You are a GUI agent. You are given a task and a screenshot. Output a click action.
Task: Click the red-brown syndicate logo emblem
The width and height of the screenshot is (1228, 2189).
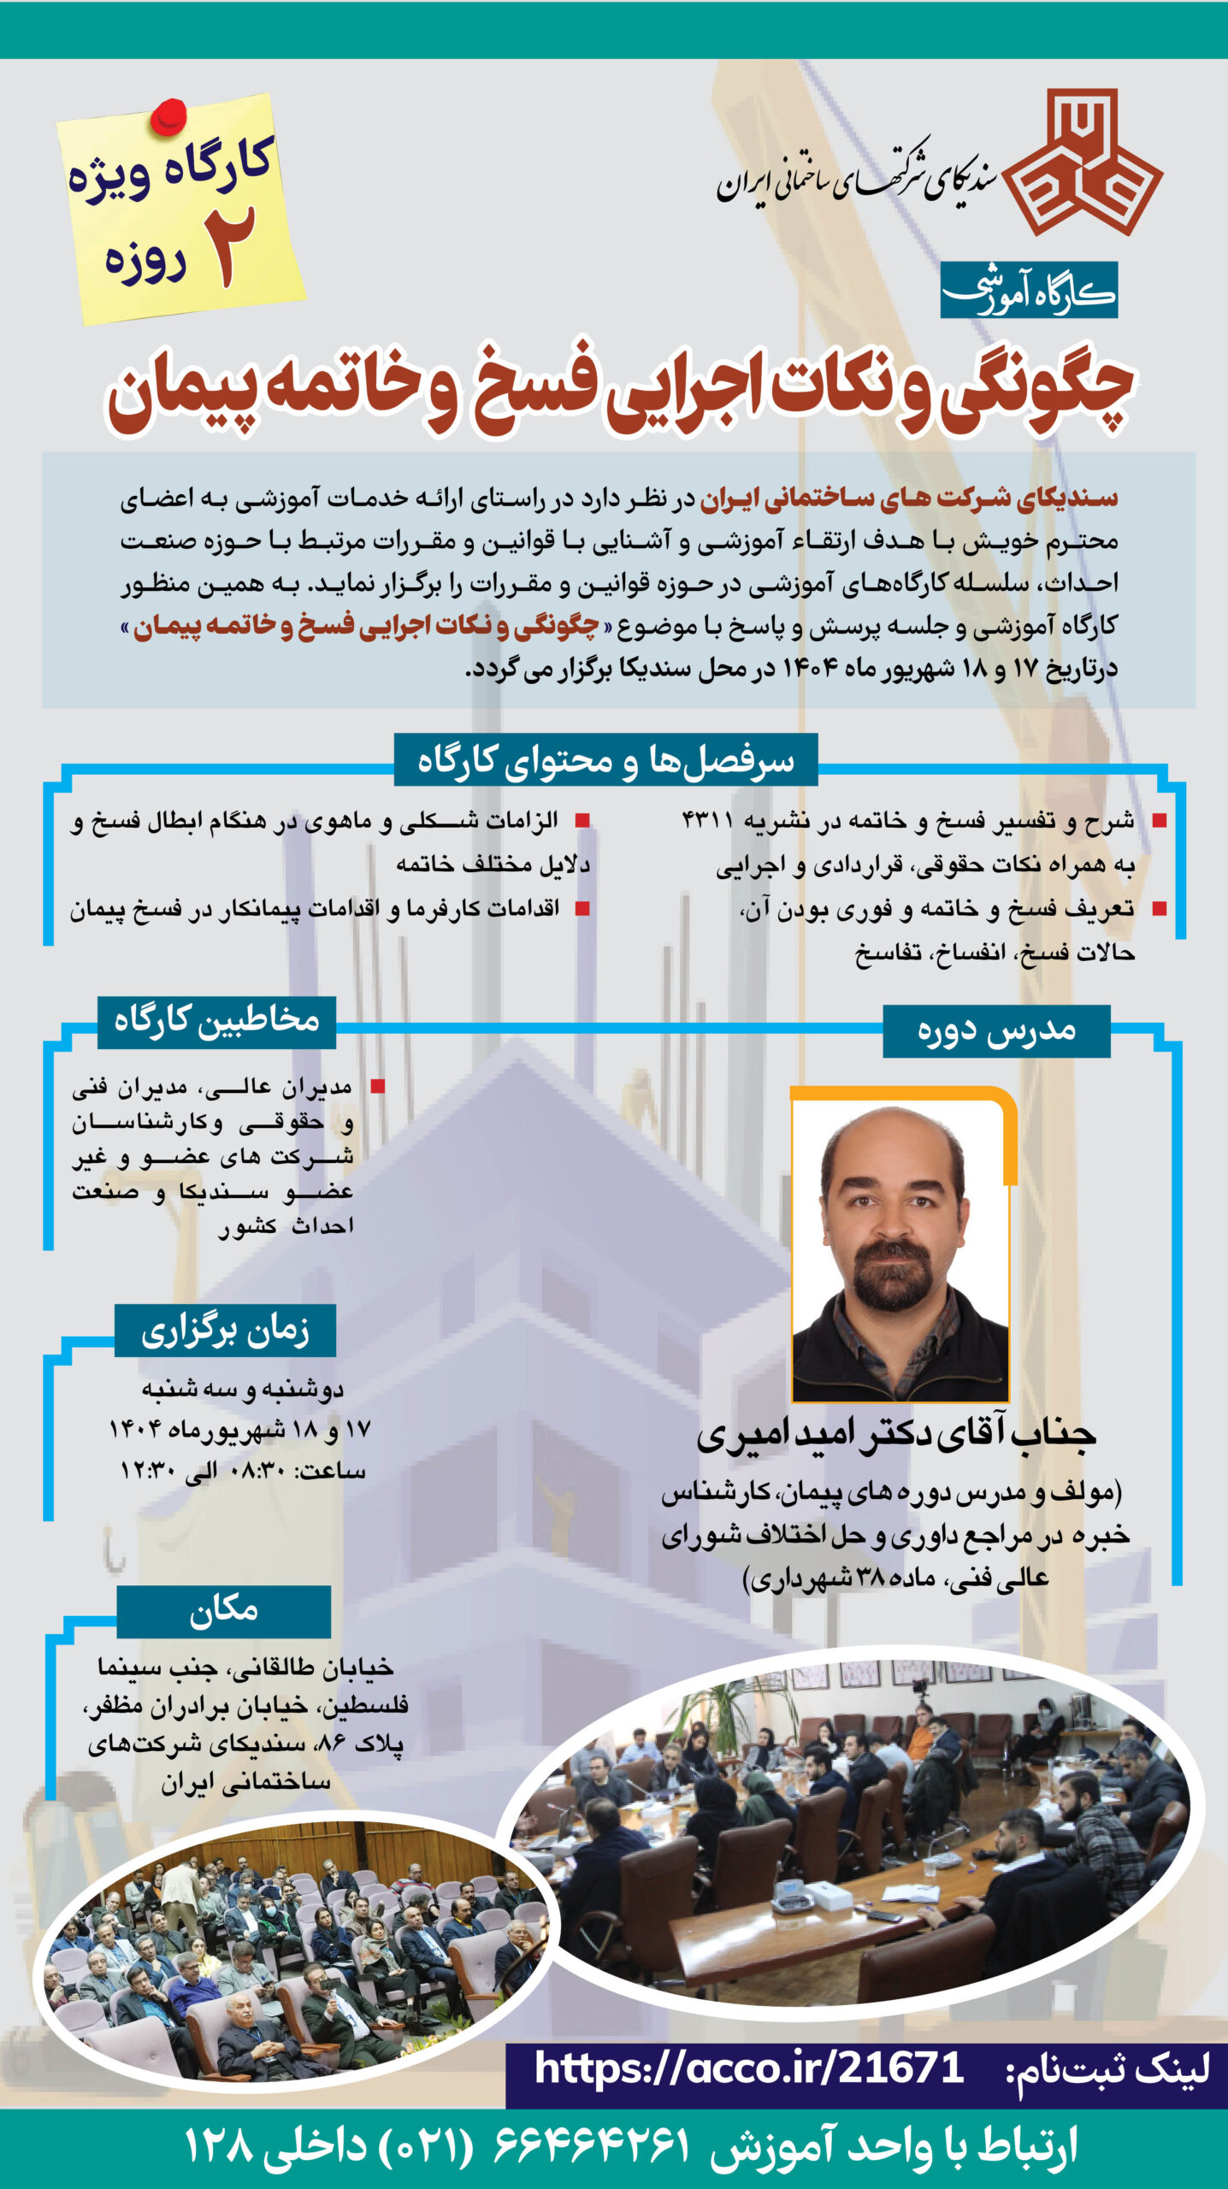point(1083,162)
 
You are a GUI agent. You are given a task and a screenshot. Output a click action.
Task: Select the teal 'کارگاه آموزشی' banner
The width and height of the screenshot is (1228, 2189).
point(1028,291)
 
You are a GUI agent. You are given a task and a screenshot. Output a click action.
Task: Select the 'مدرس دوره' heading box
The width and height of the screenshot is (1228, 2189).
point(996,1030)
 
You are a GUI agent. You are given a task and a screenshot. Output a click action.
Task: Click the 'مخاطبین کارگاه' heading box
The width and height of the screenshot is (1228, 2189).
point(216,1021)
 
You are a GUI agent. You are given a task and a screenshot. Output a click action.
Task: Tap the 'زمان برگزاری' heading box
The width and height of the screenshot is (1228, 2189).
point(225,1331)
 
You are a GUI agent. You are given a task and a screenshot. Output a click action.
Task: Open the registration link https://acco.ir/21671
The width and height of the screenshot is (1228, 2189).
point(749,2069)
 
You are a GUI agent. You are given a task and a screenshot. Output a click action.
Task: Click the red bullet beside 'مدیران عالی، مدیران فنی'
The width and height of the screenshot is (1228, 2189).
point(377,1087)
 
